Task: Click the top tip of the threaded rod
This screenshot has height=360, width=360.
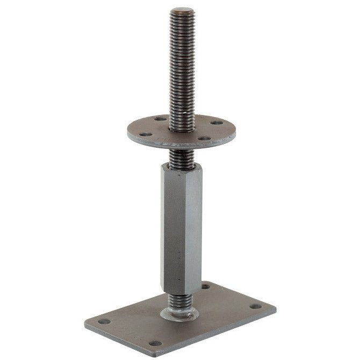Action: point(183,10)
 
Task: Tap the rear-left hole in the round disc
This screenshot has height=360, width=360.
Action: point(159,119)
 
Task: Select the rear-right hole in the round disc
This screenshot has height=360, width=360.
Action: point(217,123)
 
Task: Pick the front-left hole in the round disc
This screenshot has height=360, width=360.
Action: point(146,134)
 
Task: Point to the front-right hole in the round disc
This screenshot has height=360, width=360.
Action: point(204,138)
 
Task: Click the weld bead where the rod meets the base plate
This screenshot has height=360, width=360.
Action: point(179,314)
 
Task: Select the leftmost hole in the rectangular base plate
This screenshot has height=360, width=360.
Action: point(104,322)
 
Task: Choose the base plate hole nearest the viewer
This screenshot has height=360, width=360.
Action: point(155,343)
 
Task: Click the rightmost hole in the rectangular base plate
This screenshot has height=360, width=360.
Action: point(256,306)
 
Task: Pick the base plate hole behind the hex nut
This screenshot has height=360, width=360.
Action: point(206,286)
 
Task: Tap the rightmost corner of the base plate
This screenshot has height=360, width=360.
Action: point(276,309)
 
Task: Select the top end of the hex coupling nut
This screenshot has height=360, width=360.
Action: point(182,167)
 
